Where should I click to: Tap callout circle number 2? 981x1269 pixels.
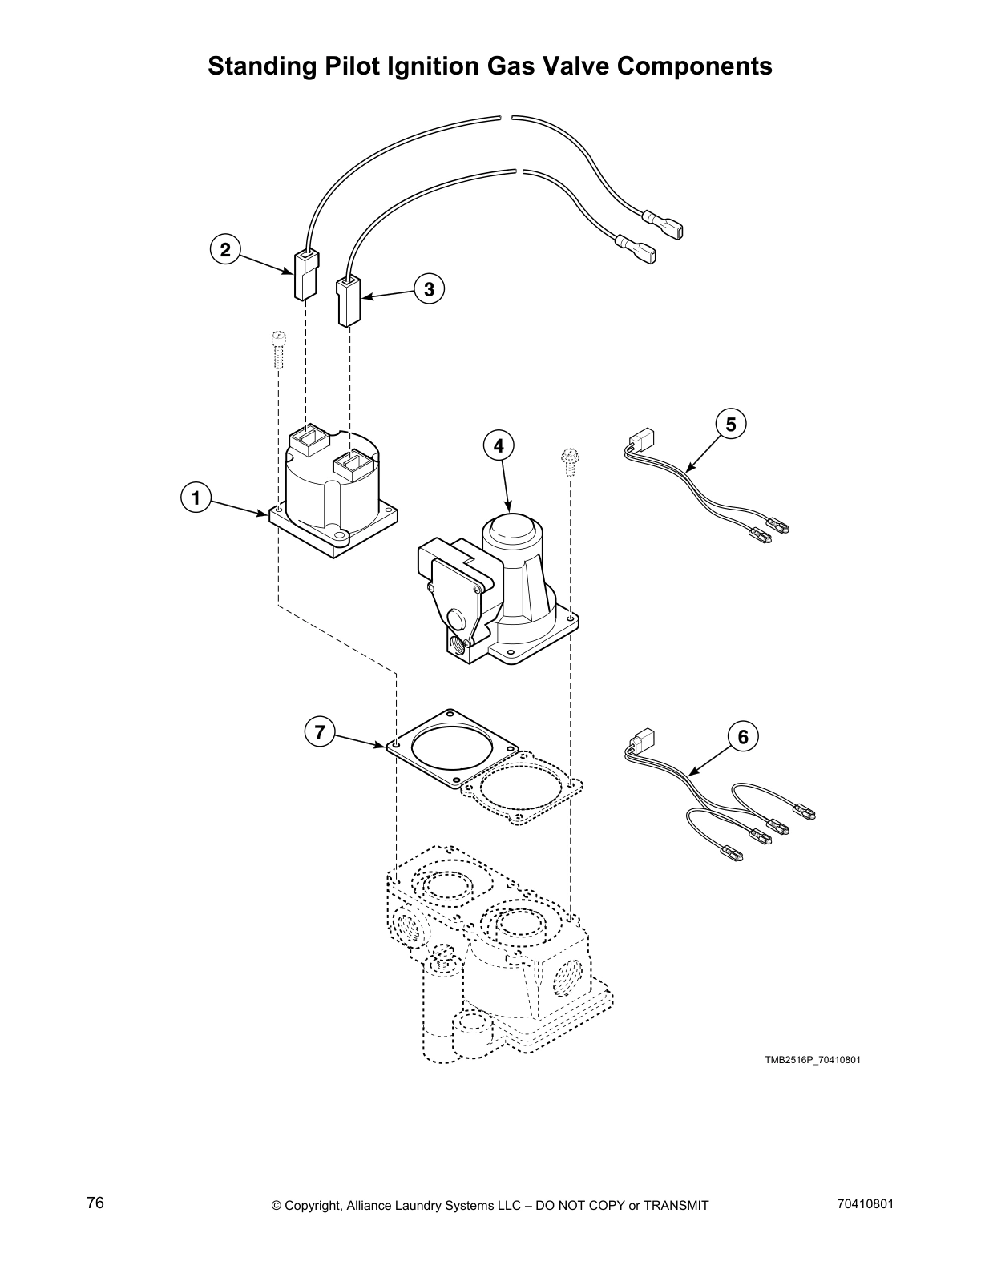click(225, 250)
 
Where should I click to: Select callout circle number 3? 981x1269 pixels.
click(430, 288)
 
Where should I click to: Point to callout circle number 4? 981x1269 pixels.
click(499, 445)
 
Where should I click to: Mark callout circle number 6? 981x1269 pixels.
click(742, 735)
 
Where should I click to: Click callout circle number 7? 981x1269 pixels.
click(320, 731)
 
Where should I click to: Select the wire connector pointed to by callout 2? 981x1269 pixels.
click(305, 275)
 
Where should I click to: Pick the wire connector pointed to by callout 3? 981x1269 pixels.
click(349, 300)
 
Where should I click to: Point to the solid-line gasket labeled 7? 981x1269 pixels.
click(450, 747)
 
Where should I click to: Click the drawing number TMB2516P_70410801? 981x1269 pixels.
click(812, 1060)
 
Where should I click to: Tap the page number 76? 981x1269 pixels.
click(95, 1203)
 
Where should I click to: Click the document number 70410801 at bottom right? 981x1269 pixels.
click(864, 1204)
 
